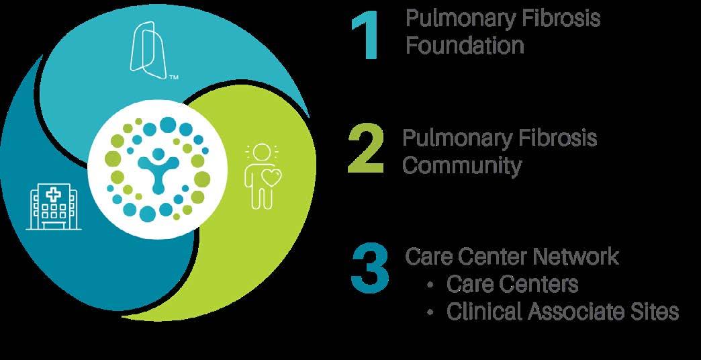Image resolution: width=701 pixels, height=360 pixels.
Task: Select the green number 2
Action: point(366,148)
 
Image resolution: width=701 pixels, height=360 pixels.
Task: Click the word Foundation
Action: point(465,46)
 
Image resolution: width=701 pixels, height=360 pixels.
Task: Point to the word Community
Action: point(462,165)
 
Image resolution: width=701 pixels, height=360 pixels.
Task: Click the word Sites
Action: point(651,312)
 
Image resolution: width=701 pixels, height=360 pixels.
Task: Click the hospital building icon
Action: point(50,204)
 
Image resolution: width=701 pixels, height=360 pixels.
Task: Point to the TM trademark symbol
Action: point(174,79)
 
